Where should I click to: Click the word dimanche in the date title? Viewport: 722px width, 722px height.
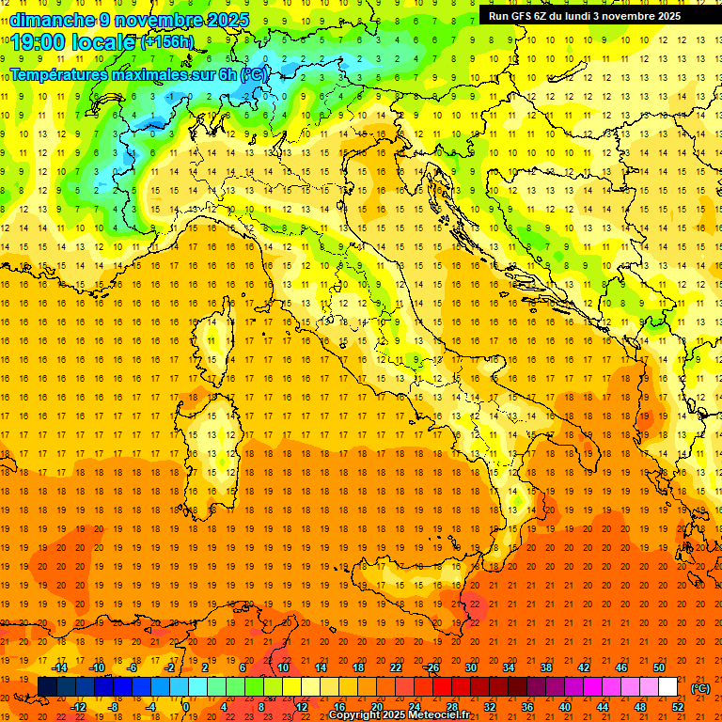coord(47,20)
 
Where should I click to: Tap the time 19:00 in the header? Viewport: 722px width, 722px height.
coord(44,42)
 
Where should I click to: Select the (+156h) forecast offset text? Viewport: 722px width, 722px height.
coord(167,42)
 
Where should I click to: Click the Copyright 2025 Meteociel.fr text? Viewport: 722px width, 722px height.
coord(399,715)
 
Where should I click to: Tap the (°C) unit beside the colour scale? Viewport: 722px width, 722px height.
coord(700,688)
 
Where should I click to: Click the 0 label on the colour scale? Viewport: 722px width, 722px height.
coord(186,707)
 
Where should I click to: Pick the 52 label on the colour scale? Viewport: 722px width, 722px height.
coord(678,707)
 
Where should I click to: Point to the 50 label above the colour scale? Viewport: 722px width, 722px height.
coord(659,667)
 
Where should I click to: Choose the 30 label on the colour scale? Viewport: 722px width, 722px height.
coord(471,667)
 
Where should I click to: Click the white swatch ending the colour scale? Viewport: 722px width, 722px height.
coord(667,687)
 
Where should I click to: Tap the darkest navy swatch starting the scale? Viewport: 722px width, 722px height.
coord(47,687)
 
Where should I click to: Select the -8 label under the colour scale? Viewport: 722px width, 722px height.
coord(114,707)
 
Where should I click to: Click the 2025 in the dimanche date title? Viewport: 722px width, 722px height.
coord(229,20)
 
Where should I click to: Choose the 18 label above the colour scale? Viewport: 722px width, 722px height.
coord(357,667)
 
